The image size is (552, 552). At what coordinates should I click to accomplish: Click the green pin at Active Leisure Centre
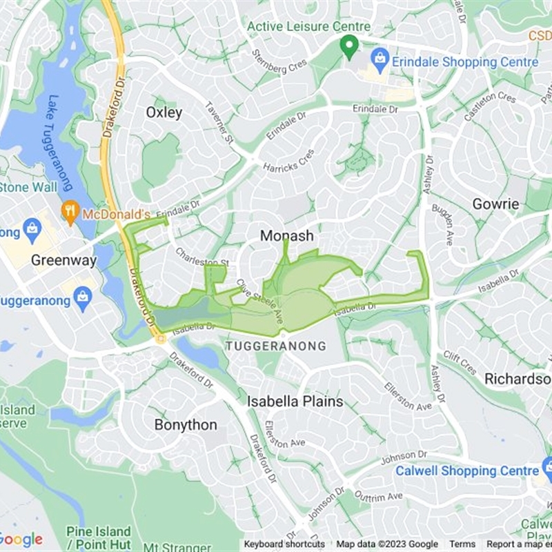click(x=349, y=47)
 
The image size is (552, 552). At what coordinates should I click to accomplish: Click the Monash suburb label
click(x=286, y=236)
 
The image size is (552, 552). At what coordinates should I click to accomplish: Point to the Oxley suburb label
click(x=164, y=112)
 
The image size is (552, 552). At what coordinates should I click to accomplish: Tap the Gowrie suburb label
click(x=495, y=204)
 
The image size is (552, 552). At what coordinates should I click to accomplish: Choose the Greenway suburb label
click(x=64, y=261)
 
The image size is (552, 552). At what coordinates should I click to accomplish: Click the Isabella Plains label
click(x=295, y=401)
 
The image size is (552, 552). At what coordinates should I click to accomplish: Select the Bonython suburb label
click(x=186, y=425)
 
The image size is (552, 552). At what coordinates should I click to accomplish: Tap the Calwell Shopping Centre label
click(x=466, y=471)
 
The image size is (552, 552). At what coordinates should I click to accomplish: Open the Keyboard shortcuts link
click(x=284, y=544)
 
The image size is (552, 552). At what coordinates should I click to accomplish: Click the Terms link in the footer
click(x=462, y=544)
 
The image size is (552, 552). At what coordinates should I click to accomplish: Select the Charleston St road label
click(x=202, y=257)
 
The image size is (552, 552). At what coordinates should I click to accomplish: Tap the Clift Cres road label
click(x=460, y=362)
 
